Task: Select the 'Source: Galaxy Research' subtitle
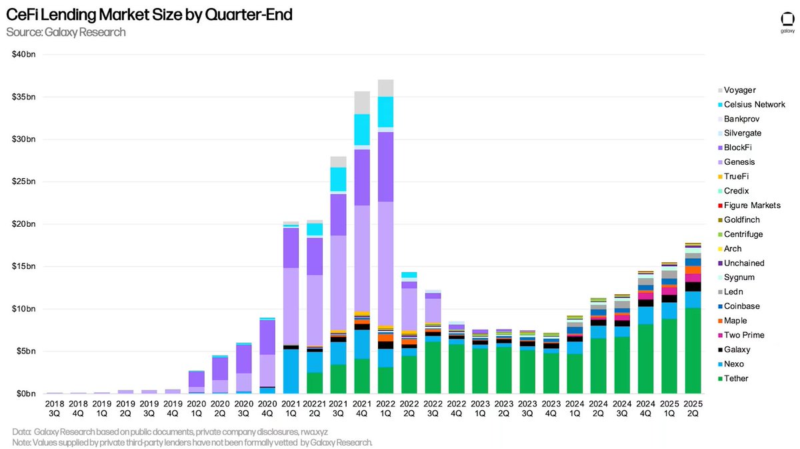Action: (x=65, y=32)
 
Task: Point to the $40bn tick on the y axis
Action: (x=24, y=54)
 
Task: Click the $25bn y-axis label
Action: (x=24, y=181)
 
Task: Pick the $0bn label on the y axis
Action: (x=26, y=394)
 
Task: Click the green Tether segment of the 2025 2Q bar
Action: (x=693, y=350)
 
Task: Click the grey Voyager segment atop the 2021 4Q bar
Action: (x=362, y=103)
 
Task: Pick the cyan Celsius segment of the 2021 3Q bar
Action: (x=338, y=180)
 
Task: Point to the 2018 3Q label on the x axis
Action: (x=54, y=408)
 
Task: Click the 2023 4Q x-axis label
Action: (x=551, y=408)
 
